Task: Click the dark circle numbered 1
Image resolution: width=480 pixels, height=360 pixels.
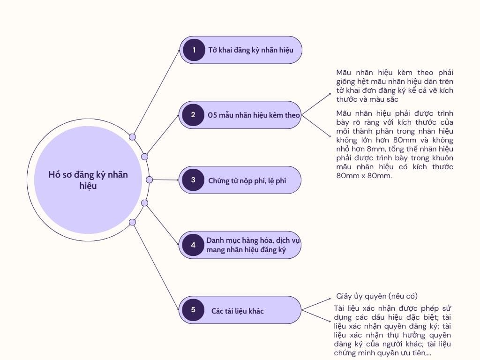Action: [x=194, y=50]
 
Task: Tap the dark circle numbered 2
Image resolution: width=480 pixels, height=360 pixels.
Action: [x=193, y=114]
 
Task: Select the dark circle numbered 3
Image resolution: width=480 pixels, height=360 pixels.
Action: [x=193, y=180]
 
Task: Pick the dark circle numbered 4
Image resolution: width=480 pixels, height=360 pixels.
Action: [x=193, y=245]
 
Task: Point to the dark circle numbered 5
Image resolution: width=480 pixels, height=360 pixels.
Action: [x=193, y=309]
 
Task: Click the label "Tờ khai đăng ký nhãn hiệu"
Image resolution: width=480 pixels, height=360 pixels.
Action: [x=251, y=50]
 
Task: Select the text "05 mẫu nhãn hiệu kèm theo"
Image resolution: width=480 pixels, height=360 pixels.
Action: [x=254, y=115]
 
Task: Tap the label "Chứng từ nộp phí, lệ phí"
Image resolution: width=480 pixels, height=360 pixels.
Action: [x=247, y=180]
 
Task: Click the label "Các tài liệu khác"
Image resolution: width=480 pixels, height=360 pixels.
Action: [x=237, y=311]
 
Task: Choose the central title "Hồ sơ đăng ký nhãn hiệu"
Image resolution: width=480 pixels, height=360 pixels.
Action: [x=88, y=180]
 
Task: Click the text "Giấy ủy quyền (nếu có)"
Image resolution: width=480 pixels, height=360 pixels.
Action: [x=377, y=296]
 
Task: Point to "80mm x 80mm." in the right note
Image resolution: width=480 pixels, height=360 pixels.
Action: [x=364, y=176]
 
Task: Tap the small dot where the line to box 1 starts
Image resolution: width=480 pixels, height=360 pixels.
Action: [x=132, y=137]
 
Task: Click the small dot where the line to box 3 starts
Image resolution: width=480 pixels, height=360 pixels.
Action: [x=150, y=180]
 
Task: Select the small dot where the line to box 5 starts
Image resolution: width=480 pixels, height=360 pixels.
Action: [x=132, y=222]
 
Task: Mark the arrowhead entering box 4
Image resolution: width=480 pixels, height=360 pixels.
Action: [x=178, y=245]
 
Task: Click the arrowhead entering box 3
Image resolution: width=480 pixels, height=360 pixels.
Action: [x=178, y=180]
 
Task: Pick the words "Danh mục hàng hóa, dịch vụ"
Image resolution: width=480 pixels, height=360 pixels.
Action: [x=253, y=240]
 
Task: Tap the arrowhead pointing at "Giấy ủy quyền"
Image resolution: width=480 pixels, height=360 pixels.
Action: [x=331, y=299]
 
